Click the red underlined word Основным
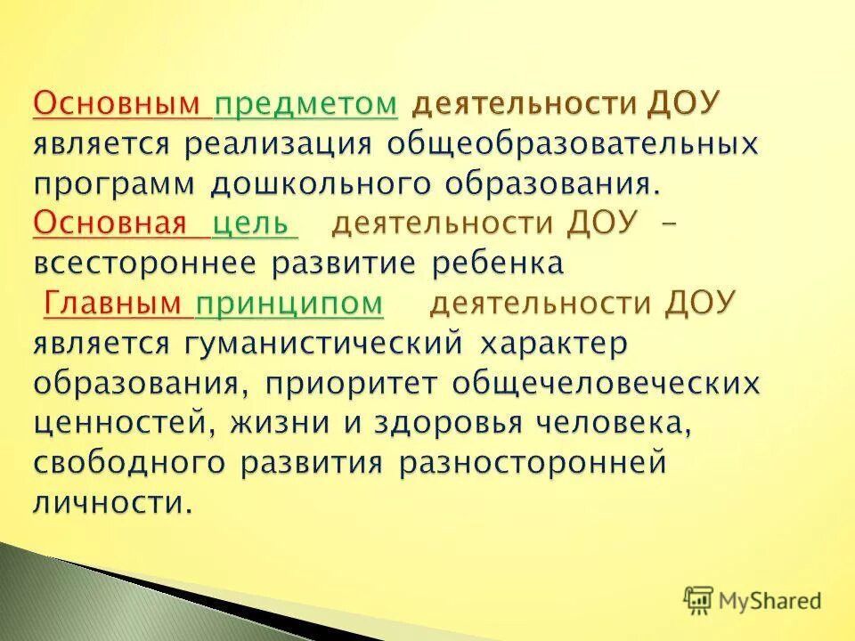coord(117,104)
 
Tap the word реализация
coord(278,144)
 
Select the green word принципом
coord(289,304)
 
